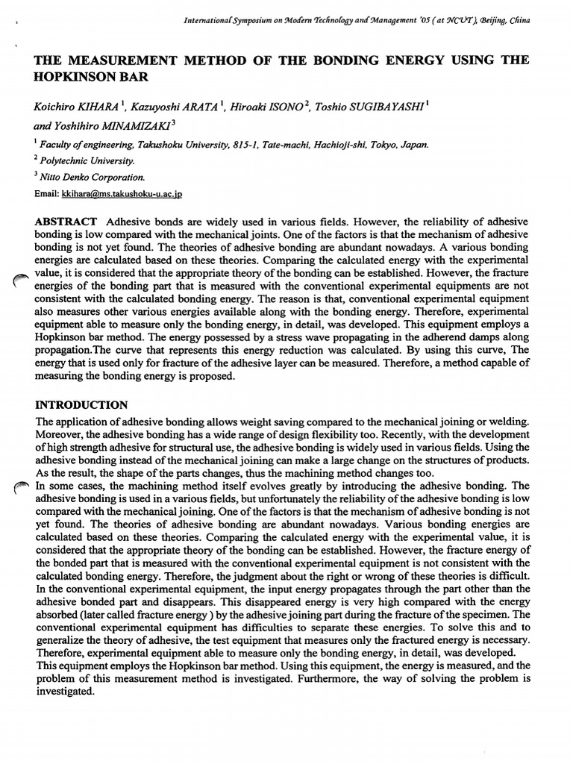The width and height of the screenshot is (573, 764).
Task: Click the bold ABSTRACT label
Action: pyautogui.click(x=66, y=223)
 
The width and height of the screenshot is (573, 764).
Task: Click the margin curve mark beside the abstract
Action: pyautogui.click(x=22, y=281)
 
